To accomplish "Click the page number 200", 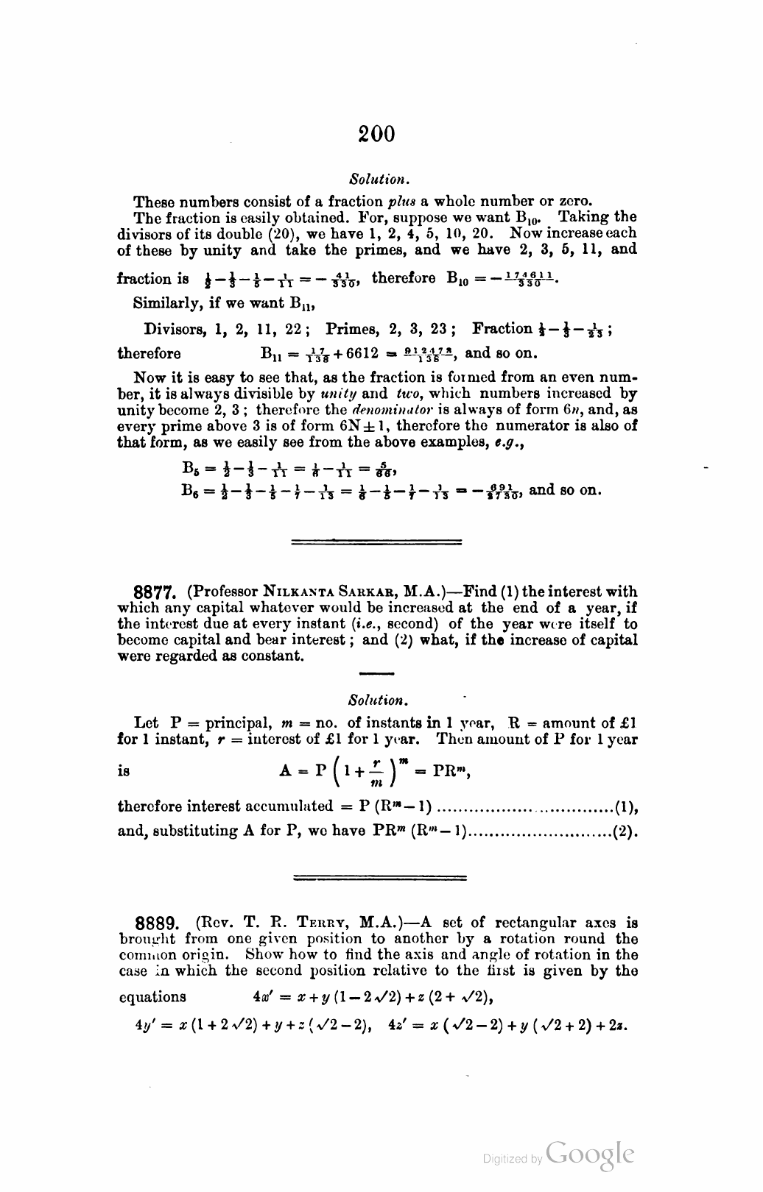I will click(x=377, y=134).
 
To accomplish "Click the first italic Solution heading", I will click(x=378, y=179).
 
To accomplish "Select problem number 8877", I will click(x=155, y=592).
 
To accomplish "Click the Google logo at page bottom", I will click(x=590, y=1155).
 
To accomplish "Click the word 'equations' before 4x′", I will click(x=152, y=997).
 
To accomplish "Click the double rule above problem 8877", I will click(x=377, y=543).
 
